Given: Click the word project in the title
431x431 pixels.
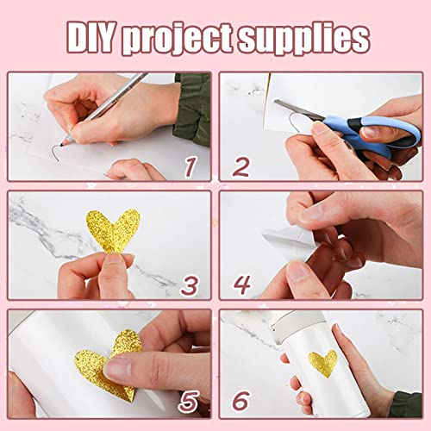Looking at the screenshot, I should [x=191, y=39].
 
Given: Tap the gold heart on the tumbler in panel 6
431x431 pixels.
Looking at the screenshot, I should [x=323, y=362].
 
